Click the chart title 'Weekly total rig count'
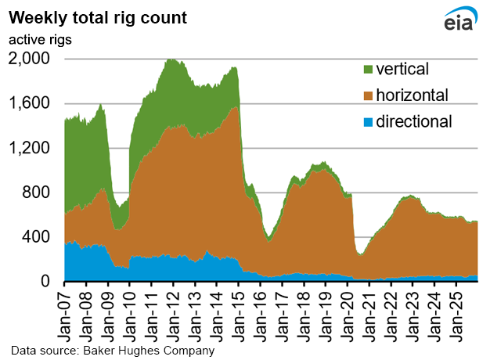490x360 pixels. coord(98,16)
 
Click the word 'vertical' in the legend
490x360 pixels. coord(403,70)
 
